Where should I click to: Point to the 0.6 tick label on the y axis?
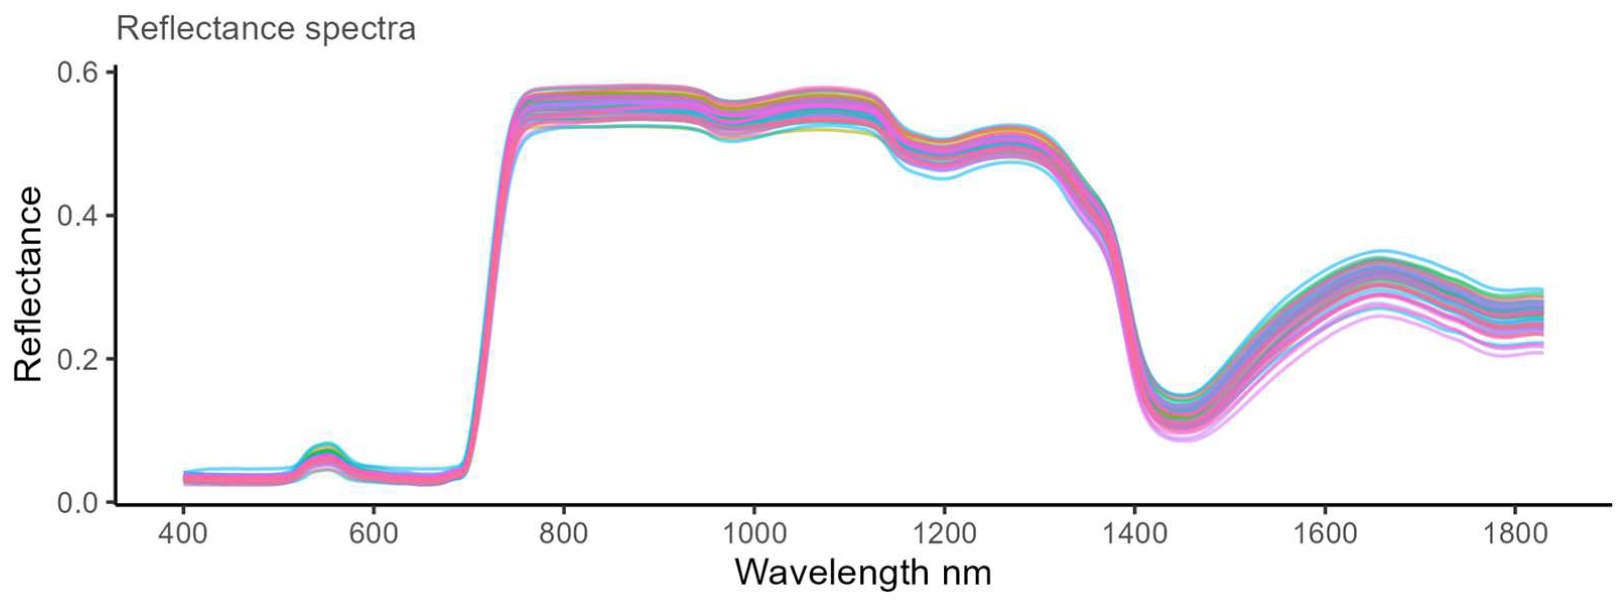pos(78,73)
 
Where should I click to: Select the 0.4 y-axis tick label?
pos(78,216)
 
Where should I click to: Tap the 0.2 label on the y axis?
pos(78,359)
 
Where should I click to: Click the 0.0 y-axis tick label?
pos(78,503)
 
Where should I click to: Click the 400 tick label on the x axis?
pos(182,534)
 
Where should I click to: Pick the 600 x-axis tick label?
pos(373,534)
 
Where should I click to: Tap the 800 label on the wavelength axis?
pos(564,534)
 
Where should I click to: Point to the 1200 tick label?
pos(944,534)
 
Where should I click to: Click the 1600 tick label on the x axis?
pos(1325,534)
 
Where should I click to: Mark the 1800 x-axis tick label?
pos(1515,534)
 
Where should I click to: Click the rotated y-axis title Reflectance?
pos(28,284)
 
